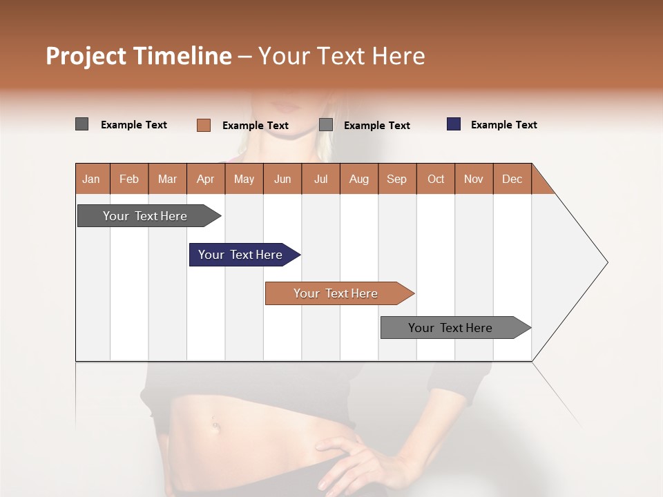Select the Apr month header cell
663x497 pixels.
point(206,179)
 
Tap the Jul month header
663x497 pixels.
point(320,179)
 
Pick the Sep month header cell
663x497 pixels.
point(396,179)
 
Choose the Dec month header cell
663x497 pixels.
point(512,179)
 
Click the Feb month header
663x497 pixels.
point(129,179)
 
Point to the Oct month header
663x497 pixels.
point(436,179)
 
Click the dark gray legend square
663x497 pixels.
point(82,124)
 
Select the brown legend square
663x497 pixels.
point(204,125)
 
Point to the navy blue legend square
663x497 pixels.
point(454,124)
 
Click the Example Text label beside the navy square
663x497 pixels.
point(503,125)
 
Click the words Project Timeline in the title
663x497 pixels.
point(139,56)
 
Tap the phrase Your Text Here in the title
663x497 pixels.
point(341,56)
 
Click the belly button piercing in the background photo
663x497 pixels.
point(216,424)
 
